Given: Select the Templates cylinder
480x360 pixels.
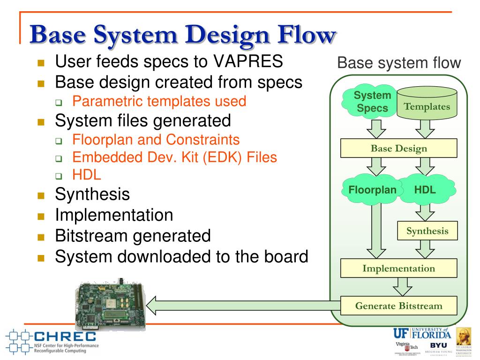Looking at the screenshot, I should click(427, 104).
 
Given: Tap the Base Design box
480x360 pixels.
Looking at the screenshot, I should click(398, 149).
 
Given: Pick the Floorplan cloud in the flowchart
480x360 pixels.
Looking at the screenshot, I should click(372, 190).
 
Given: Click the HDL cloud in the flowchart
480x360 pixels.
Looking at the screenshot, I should click(425, 190).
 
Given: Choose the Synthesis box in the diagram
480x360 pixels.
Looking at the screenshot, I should click(427, 231).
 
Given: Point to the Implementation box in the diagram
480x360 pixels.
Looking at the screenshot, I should click(398, 269).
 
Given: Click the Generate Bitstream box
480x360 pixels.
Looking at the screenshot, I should click(398, 306).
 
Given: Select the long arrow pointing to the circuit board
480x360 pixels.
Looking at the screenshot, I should click(244, 306).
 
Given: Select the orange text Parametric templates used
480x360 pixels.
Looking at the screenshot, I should click(159, 101).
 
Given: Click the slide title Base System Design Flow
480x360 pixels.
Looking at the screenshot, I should click(183, 35).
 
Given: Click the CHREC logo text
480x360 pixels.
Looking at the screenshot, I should click(65, 336).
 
